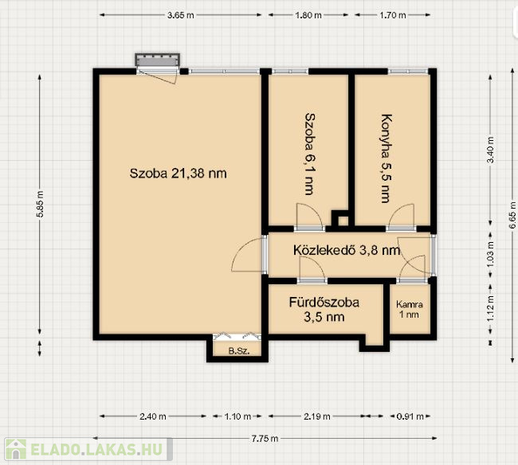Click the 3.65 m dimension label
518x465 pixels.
pyautogui.click(x=180, y=15)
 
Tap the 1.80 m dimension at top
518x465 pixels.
pyautogui.click(x=308, y=15)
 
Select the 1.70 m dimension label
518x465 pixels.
pyautogui.click(x=392, y=15)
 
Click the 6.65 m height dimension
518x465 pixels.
pyautogui.click(x=512, y=215)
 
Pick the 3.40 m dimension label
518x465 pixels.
pyautogui.click(x=491, y=150)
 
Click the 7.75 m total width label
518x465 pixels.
pyautogui.click(x=265, y=439)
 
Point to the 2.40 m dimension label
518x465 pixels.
pyautogui.click(x=153, y=416)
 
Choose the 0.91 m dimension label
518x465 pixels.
pyautogui.click(x=410, y=416)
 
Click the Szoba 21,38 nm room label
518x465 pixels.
pyautogui.click(x=178, y=174)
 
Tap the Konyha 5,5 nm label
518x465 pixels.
pyautogui.click(x=386, y=158)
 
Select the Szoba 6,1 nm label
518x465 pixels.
pyautogui.click(x=309, y=154)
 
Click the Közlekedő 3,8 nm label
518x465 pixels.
pyautogui.click(x=347, y=250)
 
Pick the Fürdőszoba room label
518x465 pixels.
pyautogui.click(x=324, y=303)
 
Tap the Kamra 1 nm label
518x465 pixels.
pyautogui.click(x=410, y=309)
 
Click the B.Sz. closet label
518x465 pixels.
pyautogui.click(x=239, y=351)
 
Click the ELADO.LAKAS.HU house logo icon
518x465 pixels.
pyautogui.click(x=15, y=449)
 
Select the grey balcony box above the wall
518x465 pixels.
pyautogui.click(x=158, y=60)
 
